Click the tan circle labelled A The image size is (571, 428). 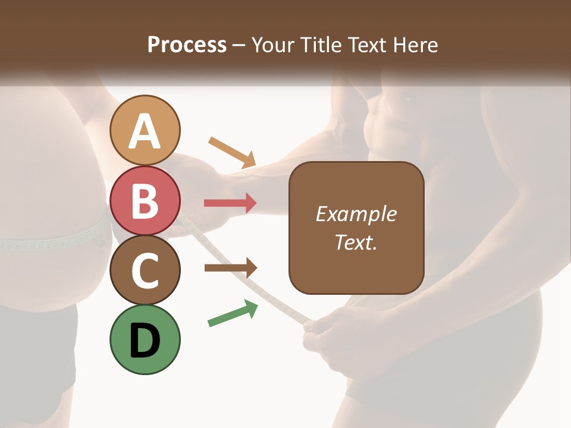(x=145, y=130)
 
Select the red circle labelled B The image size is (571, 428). (x=145, y=200)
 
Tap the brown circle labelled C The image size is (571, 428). (x=145, y=270)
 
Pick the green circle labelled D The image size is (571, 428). (x=145, y=339)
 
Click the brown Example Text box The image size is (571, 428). (x=356, y=228)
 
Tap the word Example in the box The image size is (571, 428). (x=356, y=214)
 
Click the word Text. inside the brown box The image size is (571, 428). (x=356, y=243)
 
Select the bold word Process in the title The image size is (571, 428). (x=187, y=45)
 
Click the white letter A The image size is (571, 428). (x=145, y=131)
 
